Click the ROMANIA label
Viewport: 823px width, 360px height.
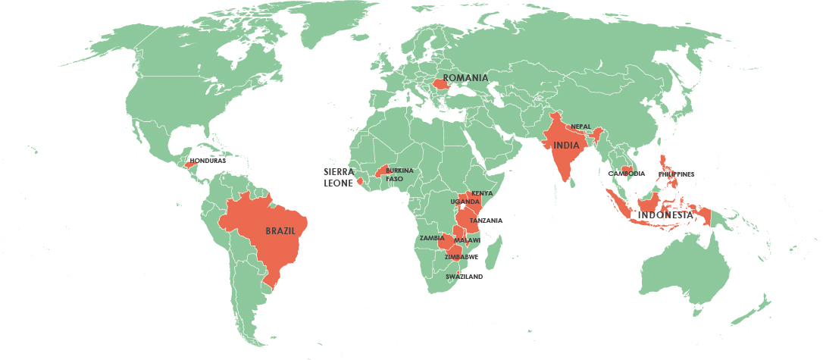pos(465,78)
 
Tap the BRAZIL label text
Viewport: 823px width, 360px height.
pos(280,230)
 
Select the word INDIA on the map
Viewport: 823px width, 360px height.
pos(566,146)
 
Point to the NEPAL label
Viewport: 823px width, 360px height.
pos(580,127)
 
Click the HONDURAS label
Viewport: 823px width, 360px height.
pos(208,161)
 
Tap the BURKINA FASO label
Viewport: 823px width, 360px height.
pos(399,175)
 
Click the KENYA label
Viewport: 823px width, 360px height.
pos(482,194)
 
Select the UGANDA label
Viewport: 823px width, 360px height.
pos(465,202)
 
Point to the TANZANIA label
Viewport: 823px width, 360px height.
pos(486,221)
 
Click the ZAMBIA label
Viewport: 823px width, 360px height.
pos(431,238)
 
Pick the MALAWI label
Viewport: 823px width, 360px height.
pos(467,240)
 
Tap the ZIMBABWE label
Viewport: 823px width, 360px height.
pos(461,257)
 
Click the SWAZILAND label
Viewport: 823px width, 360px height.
pos(464,277)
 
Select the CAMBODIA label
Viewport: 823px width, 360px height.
pos(626,174)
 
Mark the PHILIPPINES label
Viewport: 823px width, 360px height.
pos(676,174)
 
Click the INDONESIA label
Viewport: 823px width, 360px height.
pos(665,215)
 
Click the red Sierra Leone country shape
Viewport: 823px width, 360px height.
pos(360,180)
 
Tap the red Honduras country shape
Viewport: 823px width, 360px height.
pos(189,164)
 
